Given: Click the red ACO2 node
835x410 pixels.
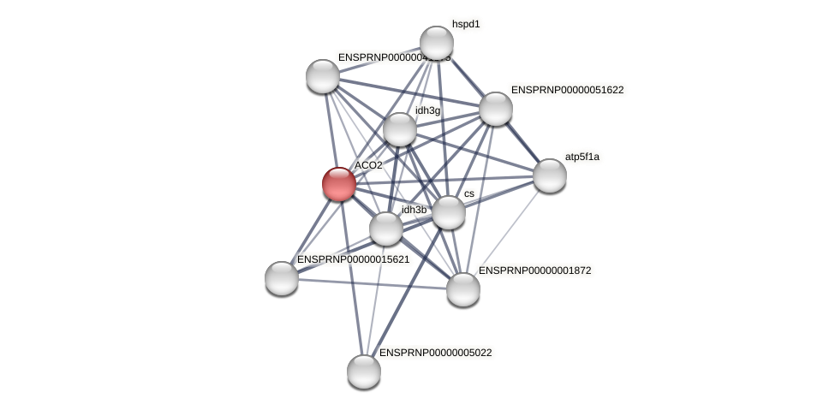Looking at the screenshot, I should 339,183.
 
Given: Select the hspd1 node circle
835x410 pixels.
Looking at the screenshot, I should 436,43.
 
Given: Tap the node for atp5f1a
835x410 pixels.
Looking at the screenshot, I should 550,175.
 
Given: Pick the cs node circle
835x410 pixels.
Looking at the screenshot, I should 448,211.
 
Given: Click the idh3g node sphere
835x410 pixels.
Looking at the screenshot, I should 400,129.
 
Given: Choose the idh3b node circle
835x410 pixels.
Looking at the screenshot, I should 386,229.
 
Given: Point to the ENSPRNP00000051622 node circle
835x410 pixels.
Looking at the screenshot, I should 495,109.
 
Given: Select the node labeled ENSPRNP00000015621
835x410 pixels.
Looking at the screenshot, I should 282,277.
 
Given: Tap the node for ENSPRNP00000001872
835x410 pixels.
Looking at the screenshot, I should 463,288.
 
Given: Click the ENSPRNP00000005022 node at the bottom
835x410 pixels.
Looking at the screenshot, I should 364,371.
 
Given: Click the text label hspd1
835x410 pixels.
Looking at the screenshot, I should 466,24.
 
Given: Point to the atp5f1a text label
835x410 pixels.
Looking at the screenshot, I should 585,157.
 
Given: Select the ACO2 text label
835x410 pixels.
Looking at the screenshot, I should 368,165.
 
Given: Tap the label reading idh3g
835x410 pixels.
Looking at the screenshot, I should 427,110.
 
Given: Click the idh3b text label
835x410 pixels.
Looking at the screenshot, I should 414,210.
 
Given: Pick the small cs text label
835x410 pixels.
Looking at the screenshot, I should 468,193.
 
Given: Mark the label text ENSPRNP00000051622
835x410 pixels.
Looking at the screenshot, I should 567,90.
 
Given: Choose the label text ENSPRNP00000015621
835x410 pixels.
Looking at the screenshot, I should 353,259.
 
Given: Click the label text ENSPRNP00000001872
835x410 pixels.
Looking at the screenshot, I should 534,270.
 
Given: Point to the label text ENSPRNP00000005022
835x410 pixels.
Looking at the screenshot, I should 435,353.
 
